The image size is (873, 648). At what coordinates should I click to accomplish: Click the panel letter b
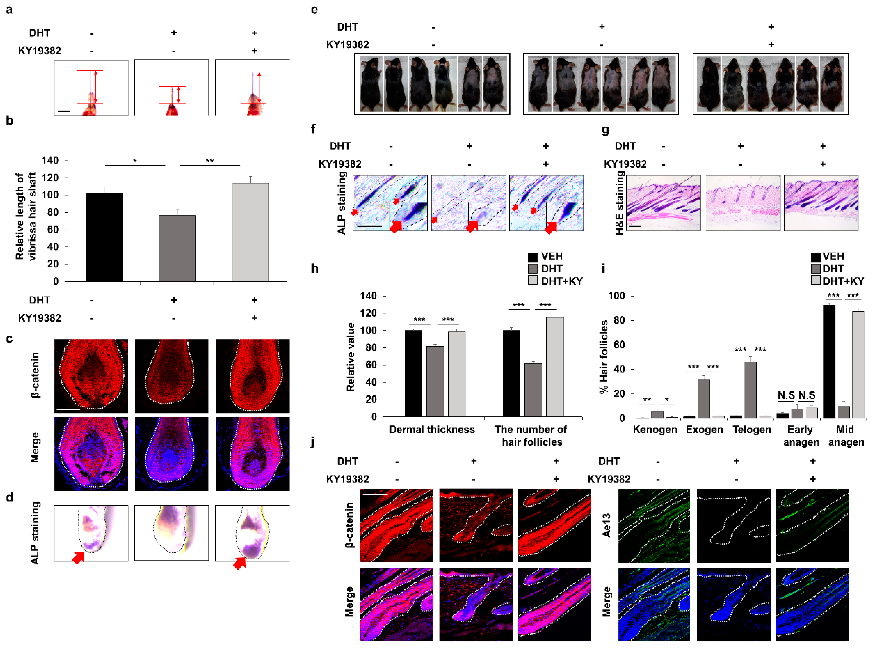(9, 121)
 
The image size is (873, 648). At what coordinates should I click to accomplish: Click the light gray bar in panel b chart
(251, 232)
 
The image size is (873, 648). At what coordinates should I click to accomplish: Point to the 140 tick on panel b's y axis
(50, 160)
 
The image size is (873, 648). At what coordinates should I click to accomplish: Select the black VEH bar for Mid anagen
(829, 361)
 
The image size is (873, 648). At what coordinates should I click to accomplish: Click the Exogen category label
(704, 430)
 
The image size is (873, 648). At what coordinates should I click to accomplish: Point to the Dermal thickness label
(431, 430)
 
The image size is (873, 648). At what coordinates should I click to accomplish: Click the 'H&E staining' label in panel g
(619, 203)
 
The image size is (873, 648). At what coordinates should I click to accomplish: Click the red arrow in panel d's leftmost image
(79, 557)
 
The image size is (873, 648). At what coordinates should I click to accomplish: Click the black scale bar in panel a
(64, 111)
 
